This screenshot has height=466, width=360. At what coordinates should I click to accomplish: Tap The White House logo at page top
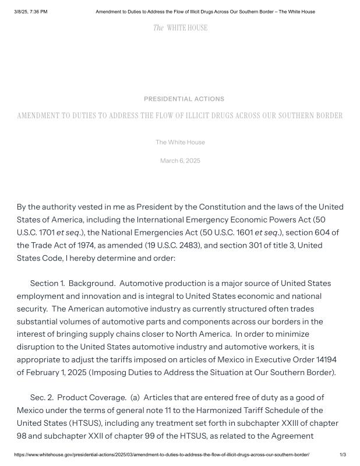pyautogui.click(x=180, y=28)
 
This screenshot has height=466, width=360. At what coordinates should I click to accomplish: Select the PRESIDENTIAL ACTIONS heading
pyautogui.click(x=183, y=99)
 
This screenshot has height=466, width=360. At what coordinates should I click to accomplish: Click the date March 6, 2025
pyautogui.click(x=180, y=161)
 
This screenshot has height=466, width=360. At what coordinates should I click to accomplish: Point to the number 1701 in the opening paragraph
pyautogui.click(x=44, y=232)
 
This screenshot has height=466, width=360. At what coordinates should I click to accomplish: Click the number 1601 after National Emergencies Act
pyautogui.click(x=242, y=232)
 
